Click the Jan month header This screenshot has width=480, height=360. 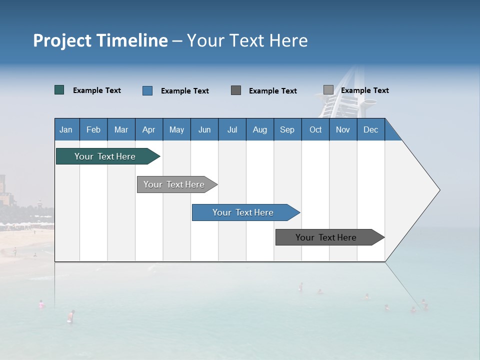[66, 129]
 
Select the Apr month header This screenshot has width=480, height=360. [149, 129]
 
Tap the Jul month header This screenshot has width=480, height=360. [232, 129]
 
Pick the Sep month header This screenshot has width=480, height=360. [287, 129]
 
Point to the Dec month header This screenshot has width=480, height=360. [370, 129]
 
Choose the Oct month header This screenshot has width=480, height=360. [315, 129]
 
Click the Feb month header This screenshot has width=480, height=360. [93, 129]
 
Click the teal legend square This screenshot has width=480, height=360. [59, 90]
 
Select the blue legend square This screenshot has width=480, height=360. [147, 90]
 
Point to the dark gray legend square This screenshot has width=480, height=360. [236, 90]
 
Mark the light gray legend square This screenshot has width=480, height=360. [328, 90]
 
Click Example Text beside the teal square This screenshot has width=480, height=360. [97, 90]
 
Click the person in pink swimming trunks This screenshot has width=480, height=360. [71, 316]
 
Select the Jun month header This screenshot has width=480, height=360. [204, 129]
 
